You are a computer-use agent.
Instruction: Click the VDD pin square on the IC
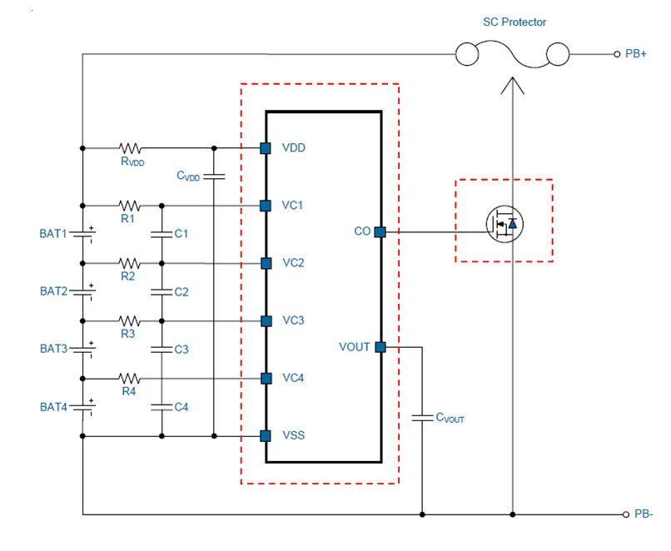click(x=266, y=148)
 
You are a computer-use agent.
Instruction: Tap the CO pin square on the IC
click(x=380, y=232)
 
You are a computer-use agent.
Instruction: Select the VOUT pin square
click(x=380, y=347)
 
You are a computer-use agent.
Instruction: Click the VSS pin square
click(x=266, y=436)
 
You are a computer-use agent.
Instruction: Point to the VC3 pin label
click(x=293, y=320)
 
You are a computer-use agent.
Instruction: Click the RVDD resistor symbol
click(x=130, y=148)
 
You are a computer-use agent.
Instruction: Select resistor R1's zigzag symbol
click(x=129, y=206)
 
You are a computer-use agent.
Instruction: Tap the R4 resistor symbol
click(x=129, y=379)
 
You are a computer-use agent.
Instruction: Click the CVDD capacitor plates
click(x=214, y=176)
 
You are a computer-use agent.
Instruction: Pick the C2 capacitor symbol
click(x=162, y=292)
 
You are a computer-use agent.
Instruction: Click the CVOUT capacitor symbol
click(x=422, y=418)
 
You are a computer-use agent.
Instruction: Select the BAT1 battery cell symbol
click(x=82, y=234)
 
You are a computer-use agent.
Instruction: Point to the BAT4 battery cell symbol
click(x=82, y=407)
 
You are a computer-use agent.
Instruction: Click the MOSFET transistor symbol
click(x=504, y=224)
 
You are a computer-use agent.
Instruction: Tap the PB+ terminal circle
click(x=617, y=54)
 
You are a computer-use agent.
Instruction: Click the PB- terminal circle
click(x=626, y=514)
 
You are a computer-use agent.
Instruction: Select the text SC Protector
click(x=514, y=22)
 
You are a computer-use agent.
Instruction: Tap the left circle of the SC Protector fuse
click(x=466, y=54)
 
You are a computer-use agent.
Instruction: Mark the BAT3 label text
click(x=54, y=349)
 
